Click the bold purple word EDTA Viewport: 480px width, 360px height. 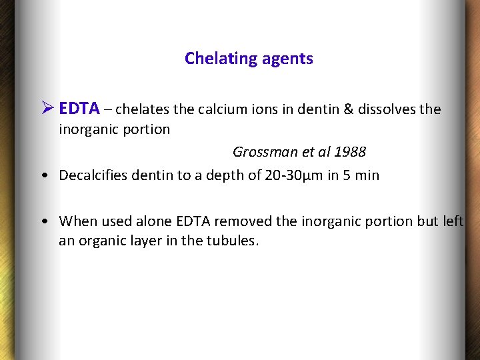pyautogui.click(x=79, y=109)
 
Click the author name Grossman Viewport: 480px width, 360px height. pyautogui.click(x=265, y=152)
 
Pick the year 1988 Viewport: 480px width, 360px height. pyautogui.click(x=350, y=152)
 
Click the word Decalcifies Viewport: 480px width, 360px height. pyautogui.click(x=91, y=175)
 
